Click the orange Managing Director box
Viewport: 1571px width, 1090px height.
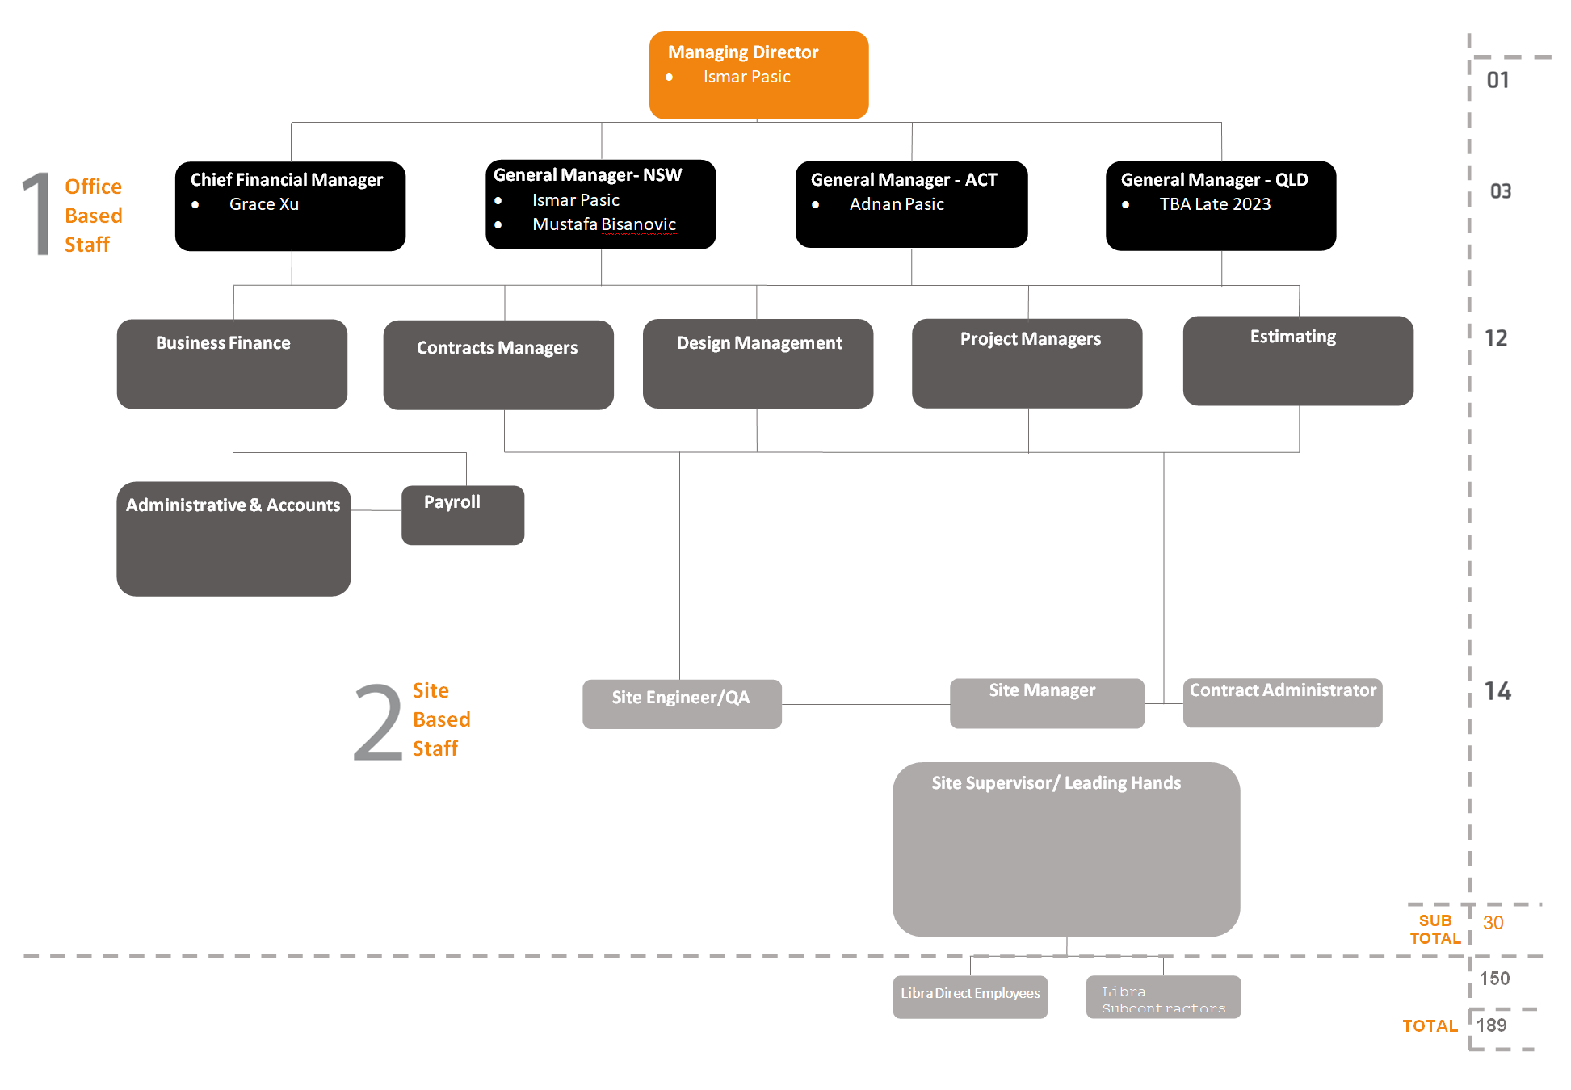tap(758, 75)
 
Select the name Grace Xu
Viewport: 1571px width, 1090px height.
tap(263, 204)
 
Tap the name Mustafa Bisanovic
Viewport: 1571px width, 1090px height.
tap(603, 224)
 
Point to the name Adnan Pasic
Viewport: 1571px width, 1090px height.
tap(896, 204)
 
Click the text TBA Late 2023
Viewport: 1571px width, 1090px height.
tap(1215, 204)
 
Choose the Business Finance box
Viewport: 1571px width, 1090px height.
tap(232, 363)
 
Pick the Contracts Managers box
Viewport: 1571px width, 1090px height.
tap(498, 364)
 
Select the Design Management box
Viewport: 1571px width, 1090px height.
tap(758, 363)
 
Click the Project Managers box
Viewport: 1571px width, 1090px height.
tap(1027, 363)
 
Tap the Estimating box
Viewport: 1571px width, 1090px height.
tap(1298, 360)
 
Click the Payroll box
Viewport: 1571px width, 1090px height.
tap(463, 514)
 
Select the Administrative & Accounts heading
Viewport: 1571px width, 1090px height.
tap(233, 505)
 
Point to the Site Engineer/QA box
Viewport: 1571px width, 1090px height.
tap(682, 703)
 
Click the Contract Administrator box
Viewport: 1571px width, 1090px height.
tap(1282, 702)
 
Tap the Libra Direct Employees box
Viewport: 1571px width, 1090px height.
tap(970, 996)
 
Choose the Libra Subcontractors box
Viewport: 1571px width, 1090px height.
tap(1163, 999)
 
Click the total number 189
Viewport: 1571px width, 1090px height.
tap(1491, 1025)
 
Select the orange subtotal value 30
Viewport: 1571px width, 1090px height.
tap(1493, 923)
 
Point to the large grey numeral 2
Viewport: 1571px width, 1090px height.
tap(378, 723)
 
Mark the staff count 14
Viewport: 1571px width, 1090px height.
tap(1497, 691)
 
